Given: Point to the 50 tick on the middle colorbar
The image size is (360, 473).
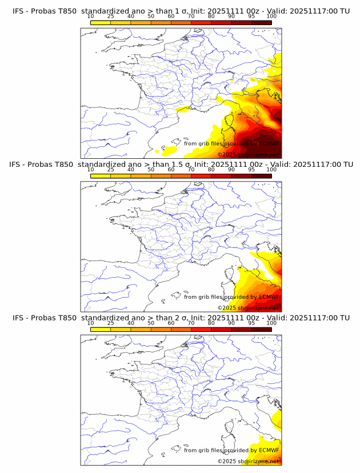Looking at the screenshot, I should [151, 170].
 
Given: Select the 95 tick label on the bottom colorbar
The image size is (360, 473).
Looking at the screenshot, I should [251, 323].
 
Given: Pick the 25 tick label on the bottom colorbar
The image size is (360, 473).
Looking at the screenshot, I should [110, 323].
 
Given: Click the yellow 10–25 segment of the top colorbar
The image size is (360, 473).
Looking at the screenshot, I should [101, 22].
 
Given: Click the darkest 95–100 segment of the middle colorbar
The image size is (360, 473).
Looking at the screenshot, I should [261, 176].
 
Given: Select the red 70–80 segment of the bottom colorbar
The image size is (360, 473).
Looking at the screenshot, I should [201, 330].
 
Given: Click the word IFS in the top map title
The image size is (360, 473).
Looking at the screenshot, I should [18, 11].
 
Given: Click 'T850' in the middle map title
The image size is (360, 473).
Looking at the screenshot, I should [66, 164].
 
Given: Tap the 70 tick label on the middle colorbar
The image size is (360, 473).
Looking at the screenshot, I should [191, 170].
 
